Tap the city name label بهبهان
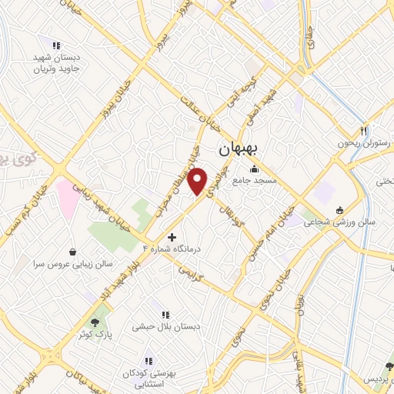236,149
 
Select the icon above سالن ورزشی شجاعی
339,210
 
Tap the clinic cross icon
171,238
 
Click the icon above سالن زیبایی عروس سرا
72,252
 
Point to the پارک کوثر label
95,336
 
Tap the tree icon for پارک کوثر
95,322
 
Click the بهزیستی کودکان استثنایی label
149,378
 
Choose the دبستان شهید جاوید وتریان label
54,63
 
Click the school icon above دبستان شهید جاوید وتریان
54,44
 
